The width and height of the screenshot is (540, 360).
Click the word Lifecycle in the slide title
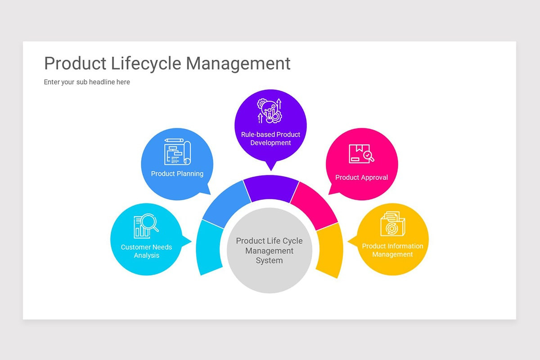click(x=146, y=63)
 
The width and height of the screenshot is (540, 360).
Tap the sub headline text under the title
click(x=87, y=82)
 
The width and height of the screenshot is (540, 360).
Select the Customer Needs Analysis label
click(x=146, y=251)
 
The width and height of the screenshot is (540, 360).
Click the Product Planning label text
click(x=177, y=174)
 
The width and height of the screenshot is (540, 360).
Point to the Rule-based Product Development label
click(x=270, y=139)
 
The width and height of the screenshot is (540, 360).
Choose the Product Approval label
click(x=362, y=177)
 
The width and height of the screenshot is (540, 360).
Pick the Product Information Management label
click(x=392, y=250)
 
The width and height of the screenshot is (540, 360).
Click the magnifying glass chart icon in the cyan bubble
click(x=146, y=226)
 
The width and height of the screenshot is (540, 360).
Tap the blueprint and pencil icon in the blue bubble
click(x=177, y=152)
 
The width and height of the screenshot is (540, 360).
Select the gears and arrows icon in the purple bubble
click(x=270, y=111)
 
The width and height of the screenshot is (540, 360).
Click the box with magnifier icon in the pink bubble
click(x=361, y=153)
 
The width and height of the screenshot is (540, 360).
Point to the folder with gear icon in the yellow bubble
click(x=393, y=224)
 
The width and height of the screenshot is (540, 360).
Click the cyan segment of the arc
click(x=209, y=247)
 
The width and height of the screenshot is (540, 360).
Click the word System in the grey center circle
click(x=269, y=261)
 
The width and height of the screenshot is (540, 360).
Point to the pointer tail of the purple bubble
click(x=271, y=166)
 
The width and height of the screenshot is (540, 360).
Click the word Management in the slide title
click(x=238, y=63)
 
